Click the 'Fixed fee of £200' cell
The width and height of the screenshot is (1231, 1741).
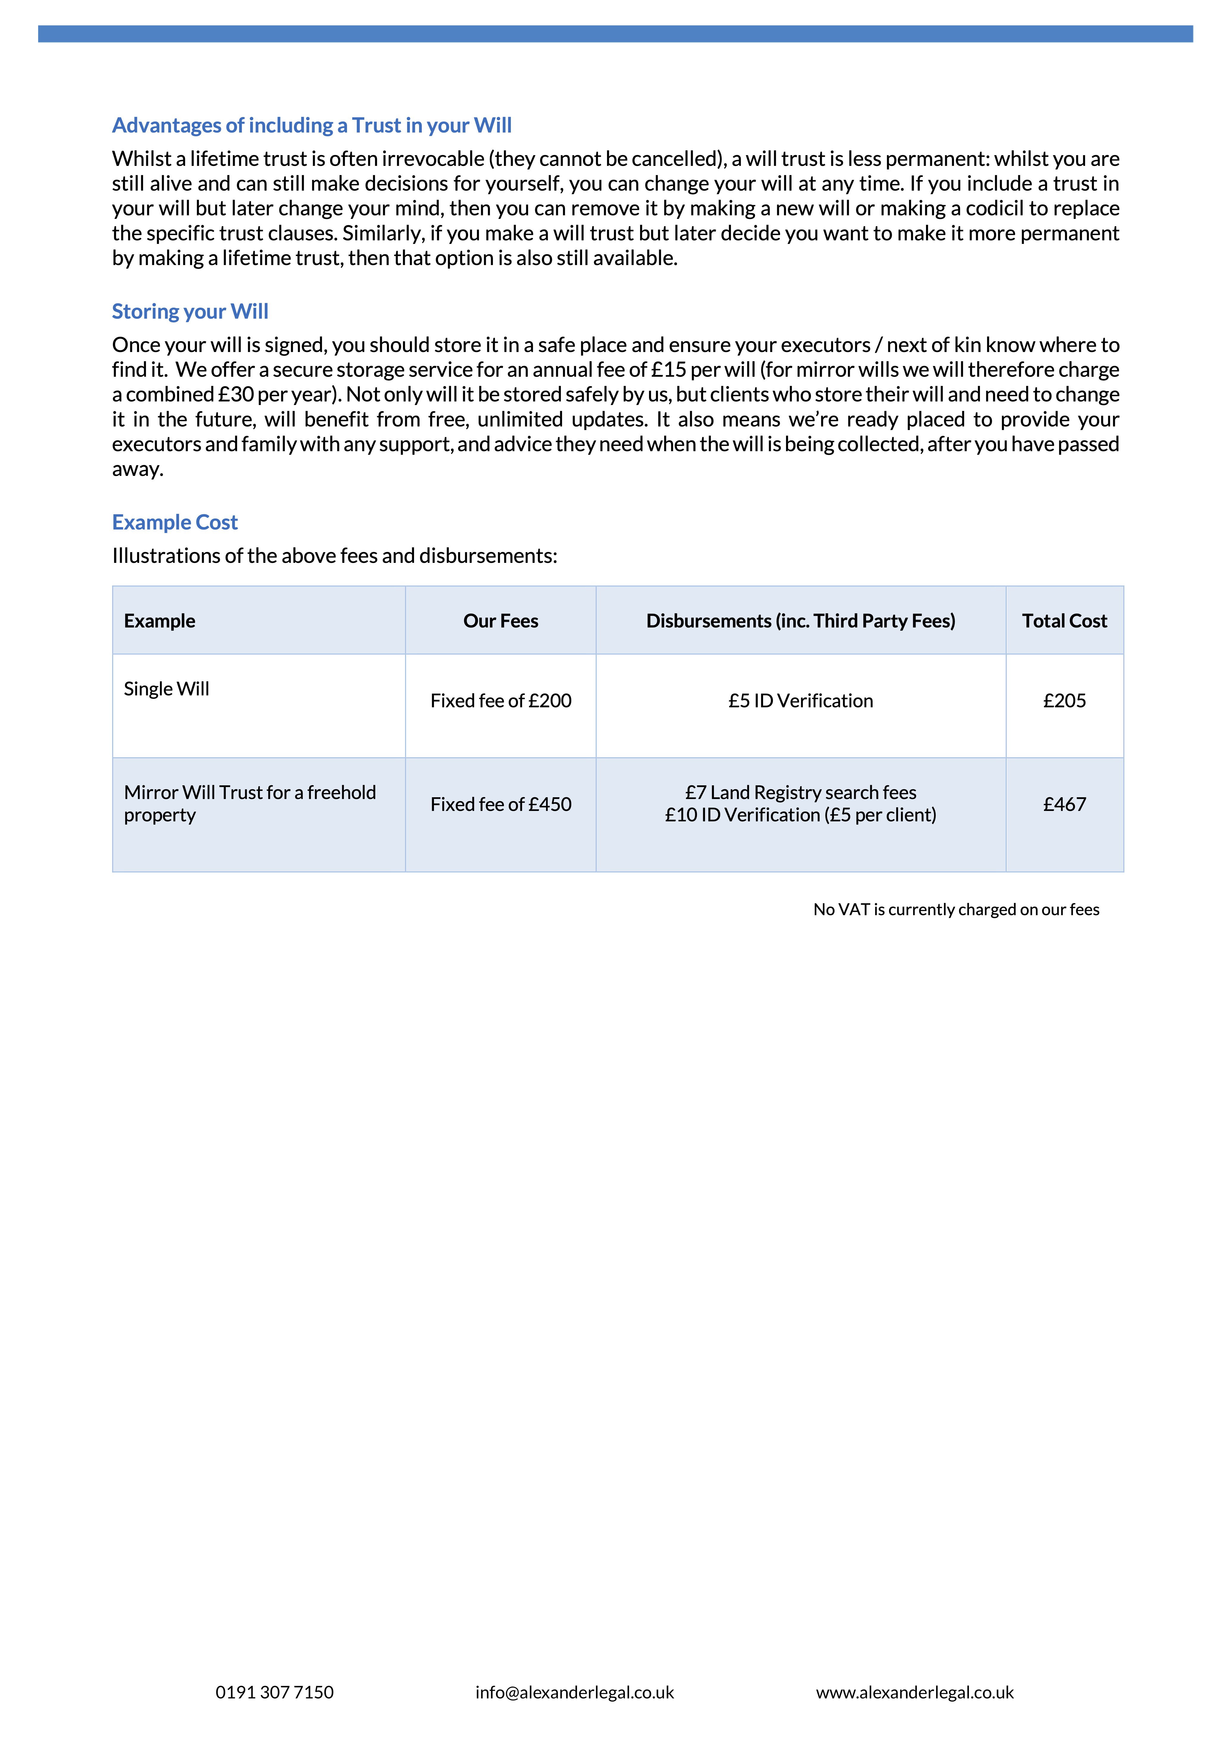[x=501, y=701]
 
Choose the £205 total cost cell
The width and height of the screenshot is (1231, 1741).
[x=1064, y=701]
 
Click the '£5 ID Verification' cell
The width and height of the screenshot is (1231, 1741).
[x=800, y=701]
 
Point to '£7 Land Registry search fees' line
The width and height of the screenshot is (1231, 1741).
[x=800, y=792]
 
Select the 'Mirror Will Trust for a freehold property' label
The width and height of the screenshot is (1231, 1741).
[x=250, y=803]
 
